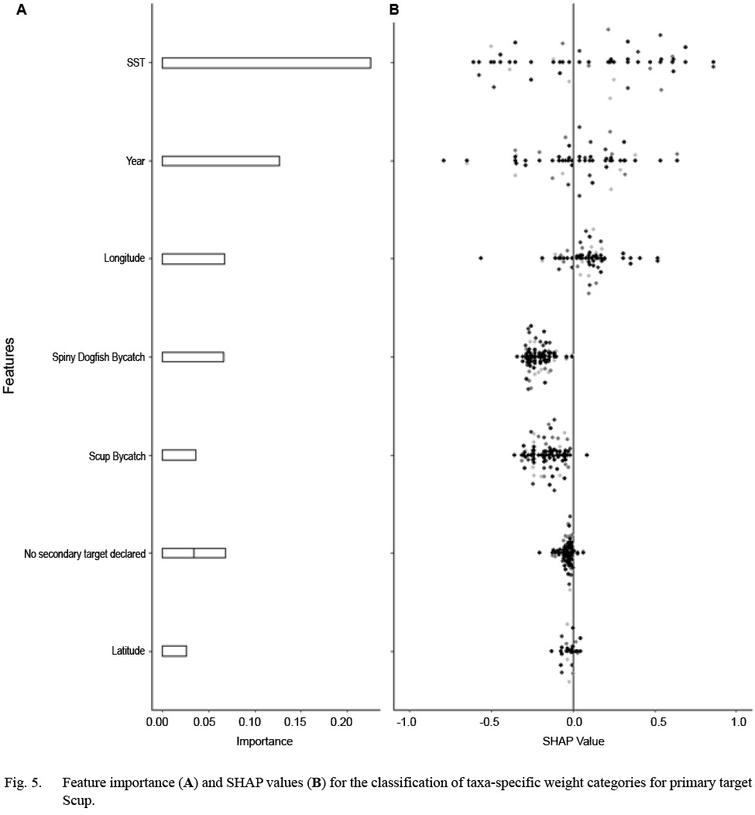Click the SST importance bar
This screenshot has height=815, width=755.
pos(266,63)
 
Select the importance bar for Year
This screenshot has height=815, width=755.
pos(221,161)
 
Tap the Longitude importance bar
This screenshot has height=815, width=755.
pos(194,259)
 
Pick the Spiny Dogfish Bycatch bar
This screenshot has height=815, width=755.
pos(193,357)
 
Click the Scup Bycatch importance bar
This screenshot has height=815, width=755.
pos(179,455)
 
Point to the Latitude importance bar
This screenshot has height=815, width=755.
pos(174,651)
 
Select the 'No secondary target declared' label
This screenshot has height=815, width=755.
pos(85,553)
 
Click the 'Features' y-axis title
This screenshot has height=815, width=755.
pos(9,365)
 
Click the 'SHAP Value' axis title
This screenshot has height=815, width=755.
pos(573,741)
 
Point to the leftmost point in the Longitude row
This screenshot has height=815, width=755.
pos(481,258)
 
